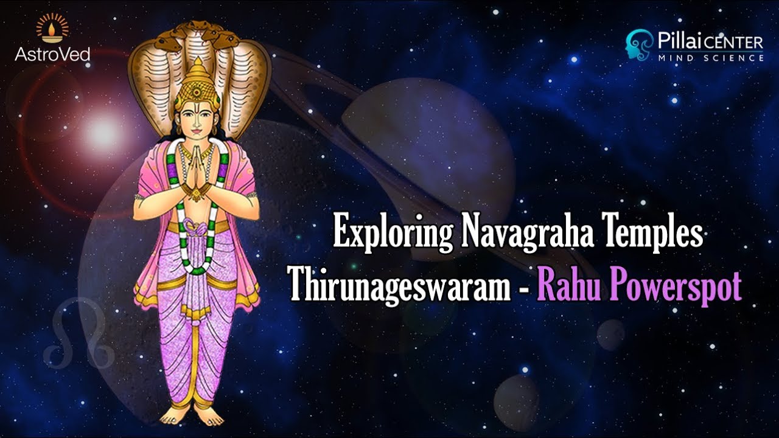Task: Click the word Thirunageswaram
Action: tap(399, 284)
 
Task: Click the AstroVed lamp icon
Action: tap(52, 28)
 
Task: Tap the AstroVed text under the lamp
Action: tap(52, 54)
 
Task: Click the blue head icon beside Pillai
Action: tap(639, 45)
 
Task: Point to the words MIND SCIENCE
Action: tap(710, 58)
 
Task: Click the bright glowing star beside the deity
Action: tap(102, 130)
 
